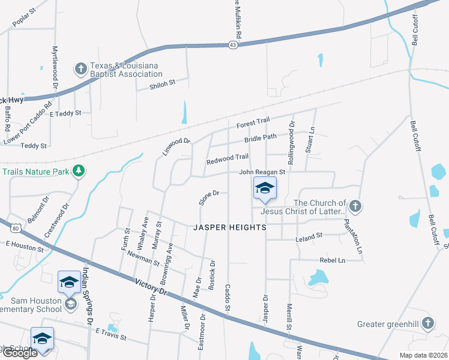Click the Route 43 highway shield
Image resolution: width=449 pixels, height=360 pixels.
point(235,44)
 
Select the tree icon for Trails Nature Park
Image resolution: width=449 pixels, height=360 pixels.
point(78,172)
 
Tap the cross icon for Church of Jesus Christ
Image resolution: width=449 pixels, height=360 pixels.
point(355,207)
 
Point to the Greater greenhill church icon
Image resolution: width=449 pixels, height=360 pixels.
point(427,324)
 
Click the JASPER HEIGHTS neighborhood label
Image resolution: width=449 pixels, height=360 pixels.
point(230,228)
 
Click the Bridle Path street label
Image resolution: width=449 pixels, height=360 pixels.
point(261,138)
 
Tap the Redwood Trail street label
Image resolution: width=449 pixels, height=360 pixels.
point(228,157)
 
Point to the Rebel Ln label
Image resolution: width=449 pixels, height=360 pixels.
point(333,260)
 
